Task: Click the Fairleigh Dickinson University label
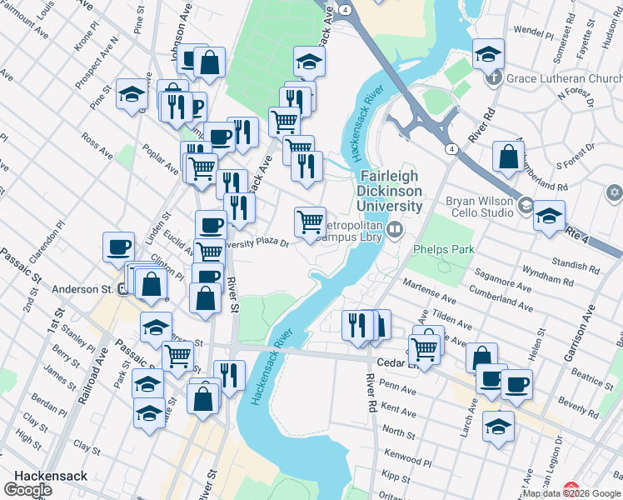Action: tap(391, 190)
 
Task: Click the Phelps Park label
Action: tap(439, 248)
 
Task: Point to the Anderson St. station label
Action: tap(82, 289)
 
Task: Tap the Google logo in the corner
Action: tap(27, 490)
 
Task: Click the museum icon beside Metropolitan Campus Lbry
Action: tap(395, 227)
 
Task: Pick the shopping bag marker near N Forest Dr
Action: tap(507, 156)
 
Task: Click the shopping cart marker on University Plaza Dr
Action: tap(310, 222)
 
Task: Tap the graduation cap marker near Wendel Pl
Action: tap(487, 54)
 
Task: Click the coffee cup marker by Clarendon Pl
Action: tap(118, 247)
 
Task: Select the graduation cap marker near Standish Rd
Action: tap(549, 216)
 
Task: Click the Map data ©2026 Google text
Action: tap(571, 493)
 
